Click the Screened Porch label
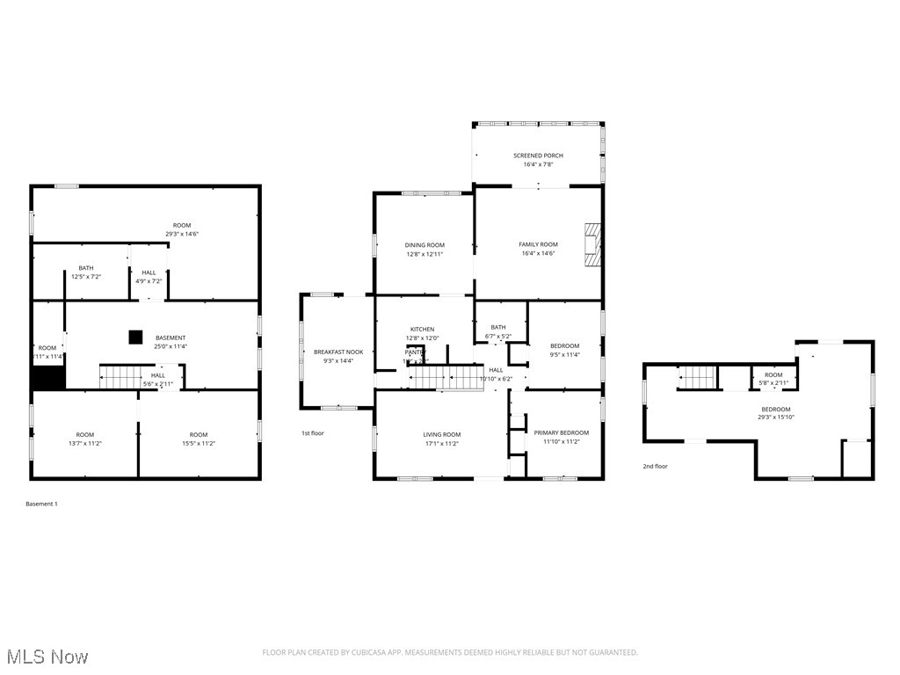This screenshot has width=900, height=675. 538,156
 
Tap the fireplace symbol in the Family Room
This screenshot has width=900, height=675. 593,243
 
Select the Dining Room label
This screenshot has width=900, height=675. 425,245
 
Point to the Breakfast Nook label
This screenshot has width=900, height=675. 338,352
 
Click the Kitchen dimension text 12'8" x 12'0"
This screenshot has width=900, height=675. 422,338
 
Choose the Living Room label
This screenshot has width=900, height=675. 441,434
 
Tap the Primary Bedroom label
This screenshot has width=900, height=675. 562,433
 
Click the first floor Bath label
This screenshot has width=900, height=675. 498,327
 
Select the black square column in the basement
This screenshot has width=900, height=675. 135,336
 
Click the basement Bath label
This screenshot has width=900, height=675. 86,268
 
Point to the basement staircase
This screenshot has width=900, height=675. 120,377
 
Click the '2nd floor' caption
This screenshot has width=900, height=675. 655,467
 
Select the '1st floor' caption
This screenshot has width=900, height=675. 313,433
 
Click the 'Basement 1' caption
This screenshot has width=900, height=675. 41,504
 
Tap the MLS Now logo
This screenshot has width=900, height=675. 46,657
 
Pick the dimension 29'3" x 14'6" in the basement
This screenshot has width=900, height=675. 182,234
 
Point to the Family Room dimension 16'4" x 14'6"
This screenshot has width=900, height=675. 539,253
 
